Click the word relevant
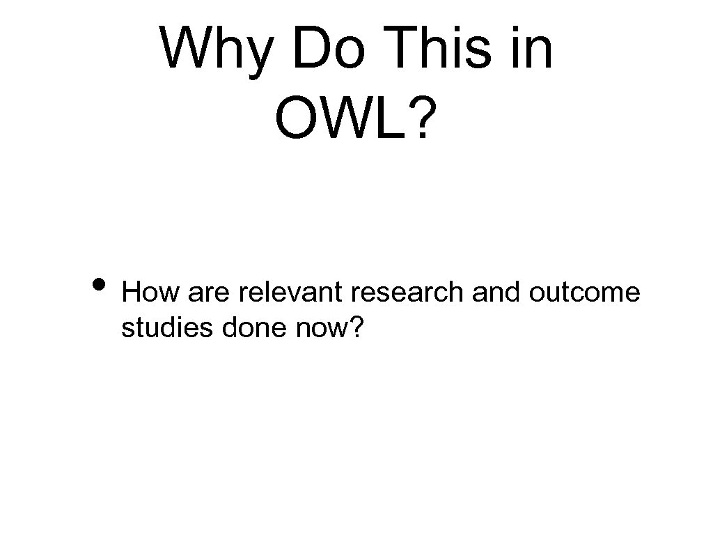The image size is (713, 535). (292, 293)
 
